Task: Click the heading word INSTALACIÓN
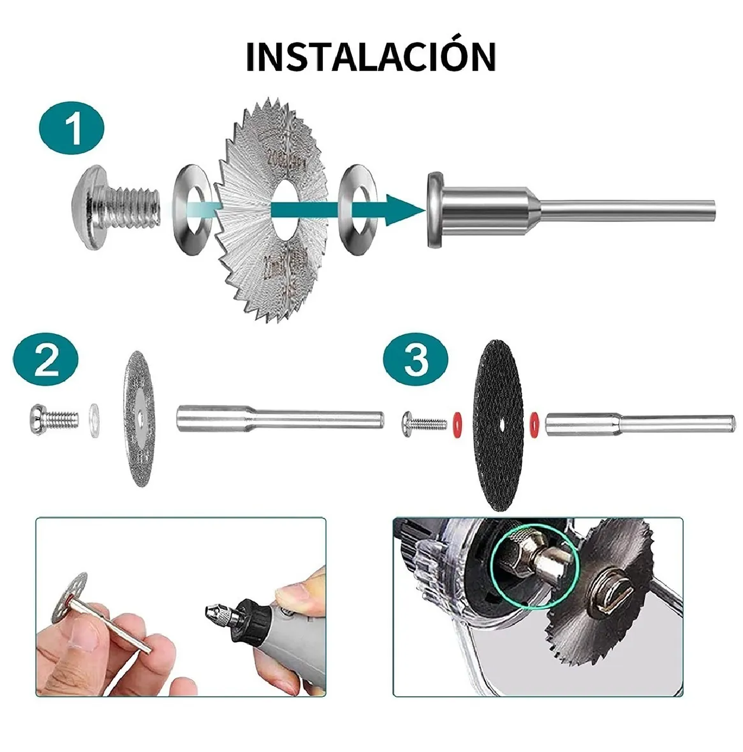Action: click(371, 56)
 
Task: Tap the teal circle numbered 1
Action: click(72, 129)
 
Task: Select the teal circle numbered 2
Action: click(46, 360)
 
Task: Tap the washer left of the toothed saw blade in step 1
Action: click(192, 209)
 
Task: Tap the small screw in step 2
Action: click(52, 418)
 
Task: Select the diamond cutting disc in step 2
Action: click(139, 418)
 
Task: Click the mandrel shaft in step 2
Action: click(279, 418)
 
